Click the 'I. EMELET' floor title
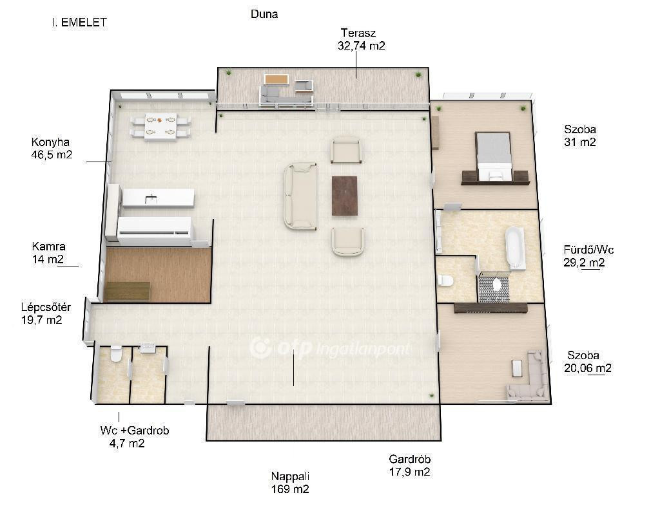click(79, 23)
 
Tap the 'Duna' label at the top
click(264, 14)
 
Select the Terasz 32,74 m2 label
click(361, 39)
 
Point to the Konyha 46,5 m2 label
click(52, 149)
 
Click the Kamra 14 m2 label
click(48, 252)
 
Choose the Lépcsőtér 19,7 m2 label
click(46, 313)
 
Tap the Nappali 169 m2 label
click(290, 483)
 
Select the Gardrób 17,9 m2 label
click(409, 465)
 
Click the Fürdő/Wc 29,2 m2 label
click(588, 256)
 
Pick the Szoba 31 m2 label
click(580, 135)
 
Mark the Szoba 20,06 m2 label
click(588, 362)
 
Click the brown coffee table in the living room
click(345, 196)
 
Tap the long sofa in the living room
click(300, 197)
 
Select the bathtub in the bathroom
click(515, 248)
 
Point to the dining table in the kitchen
click(160, 127)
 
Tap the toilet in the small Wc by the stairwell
click(116, 354)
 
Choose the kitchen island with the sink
click(159, 198)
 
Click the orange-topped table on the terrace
click(276, 79)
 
